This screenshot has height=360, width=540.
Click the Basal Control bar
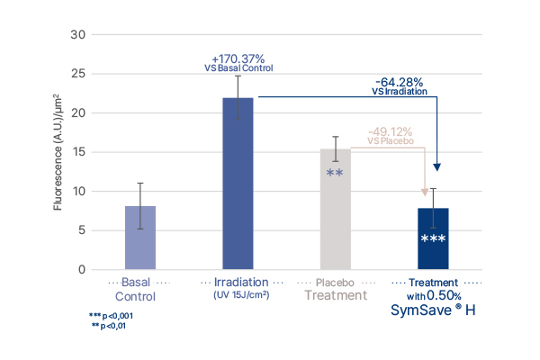pos(139,238)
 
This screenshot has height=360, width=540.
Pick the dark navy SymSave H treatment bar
pos(434,238)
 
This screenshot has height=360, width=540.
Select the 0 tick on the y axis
pos(81,270)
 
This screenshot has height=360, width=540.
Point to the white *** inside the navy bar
pos(434,239)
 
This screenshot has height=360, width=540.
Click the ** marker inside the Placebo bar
pos(335,174)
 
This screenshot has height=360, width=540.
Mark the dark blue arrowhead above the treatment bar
pos(437,167)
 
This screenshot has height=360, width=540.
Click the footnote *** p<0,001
pos(111,316)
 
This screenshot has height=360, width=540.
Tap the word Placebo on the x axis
pos(335,282)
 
